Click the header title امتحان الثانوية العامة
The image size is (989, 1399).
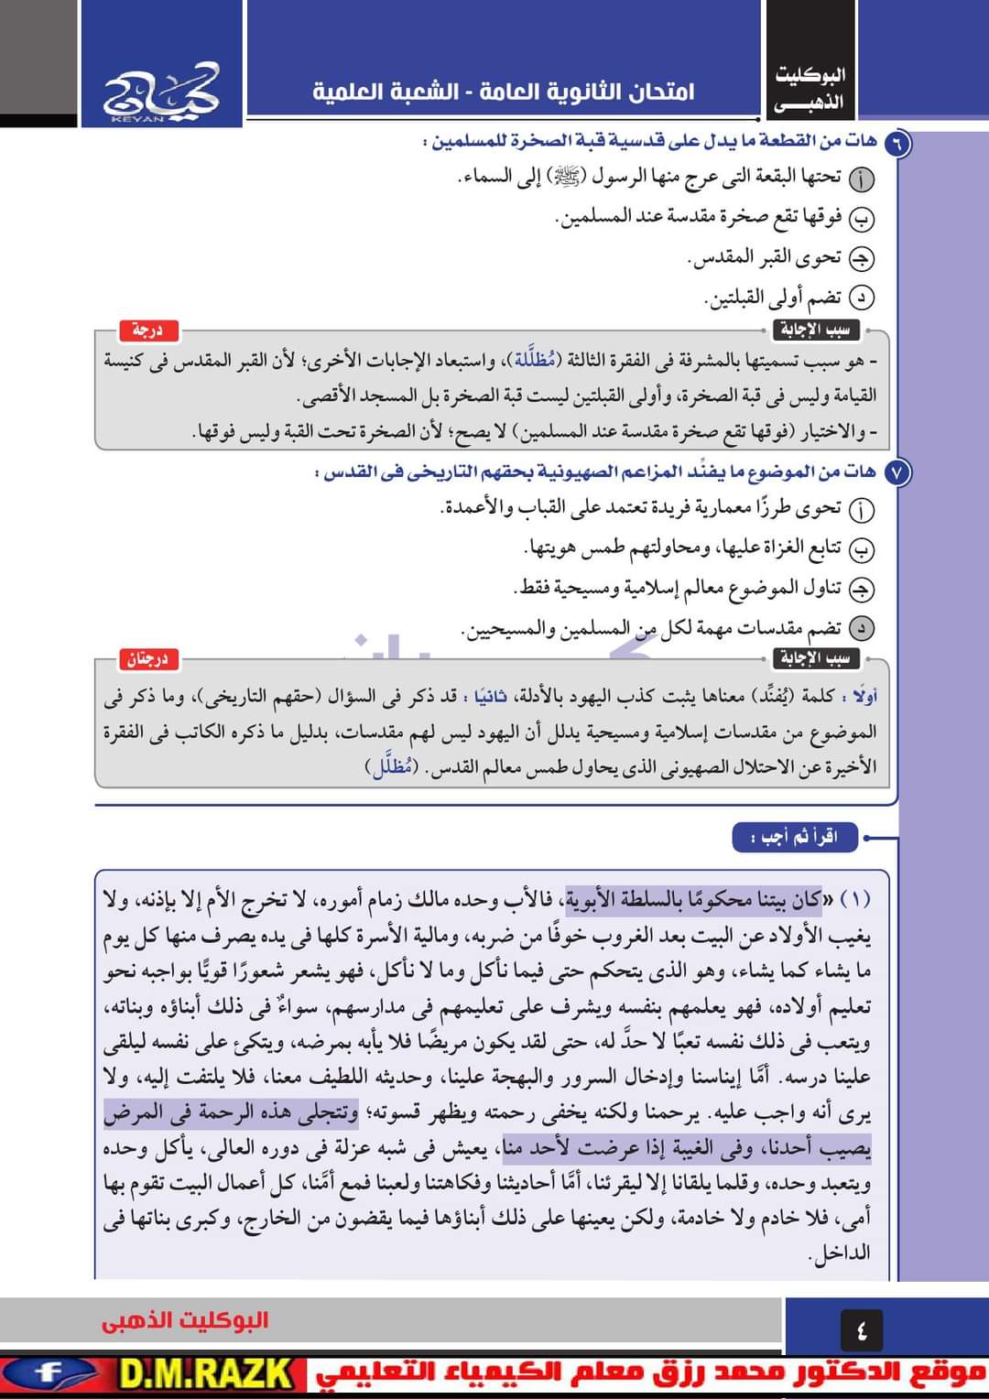tap(503, 92)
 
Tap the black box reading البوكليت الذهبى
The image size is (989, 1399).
tap(810, 88)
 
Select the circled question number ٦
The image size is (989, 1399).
tap(898, 142)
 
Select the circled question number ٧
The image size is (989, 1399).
tap(898, 473)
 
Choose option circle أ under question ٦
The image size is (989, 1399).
tap(862, 179)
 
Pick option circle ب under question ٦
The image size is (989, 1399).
tap(862, 219)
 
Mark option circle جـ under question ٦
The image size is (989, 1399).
tap(862, 259)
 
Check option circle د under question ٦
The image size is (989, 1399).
tap(862, 298)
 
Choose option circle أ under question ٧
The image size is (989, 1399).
tap(862, 509)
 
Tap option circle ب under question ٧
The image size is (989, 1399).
tap(862, 549)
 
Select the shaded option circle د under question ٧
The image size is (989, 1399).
tap(862, 628)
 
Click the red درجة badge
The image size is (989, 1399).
tap(147, 330)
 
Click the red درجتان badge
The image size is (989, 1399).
tap(147, 659)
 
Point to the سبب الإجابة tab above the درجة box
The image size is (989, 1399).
tap(814, 330)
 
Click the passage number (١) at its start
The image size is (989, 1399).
tap(853, 900)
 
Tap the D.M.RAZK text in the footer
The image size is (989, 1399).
tap(207, 1375)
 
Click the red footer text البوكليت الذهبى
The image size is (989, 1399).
tap(185, 1320)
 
